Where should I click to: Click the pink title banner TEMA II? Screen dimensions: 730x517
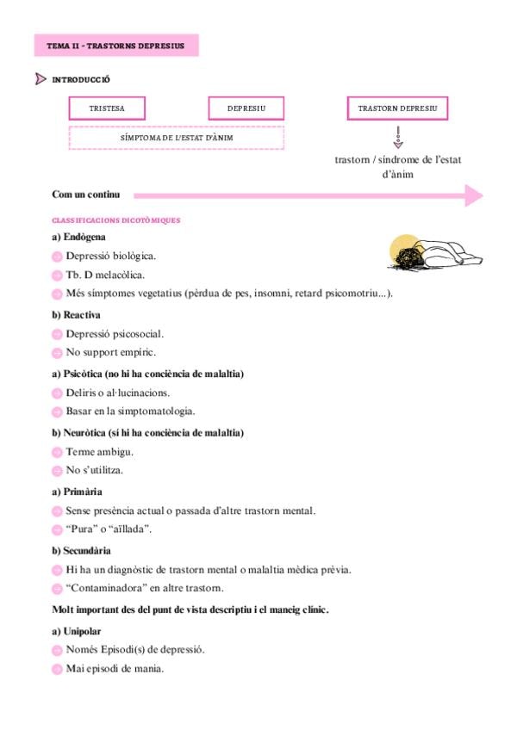click(x=115, y=45)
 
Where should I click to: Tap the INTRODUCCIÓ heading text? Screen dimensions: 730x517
click(x=81, y=80)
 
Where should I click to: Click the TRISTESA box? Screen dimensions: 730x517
click(x=107, y=108)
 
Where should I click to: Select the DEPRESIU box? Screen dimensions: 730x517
click(x=246, y=108)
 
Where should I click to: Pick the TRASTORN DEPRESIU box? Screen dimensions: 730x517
click(x=397, y=108)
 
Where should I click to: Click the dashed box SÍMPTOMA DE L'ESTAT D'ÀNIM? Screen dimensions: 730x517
click(x=177, y=138)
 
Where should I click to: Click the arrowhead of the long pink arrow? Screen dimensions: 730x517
click(x=473, y=195)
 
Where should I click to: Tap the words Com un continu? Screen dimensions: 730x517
click(x=86, y=195)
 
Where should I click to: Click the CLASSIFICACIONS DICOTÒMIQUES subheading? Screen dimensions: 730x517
click(x=116, y=220)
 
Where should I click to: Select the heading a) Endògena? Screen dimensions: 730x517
click(x=79, y=236)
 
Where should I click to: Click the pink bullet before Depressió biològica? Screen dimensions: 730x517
click(x=57, y=257)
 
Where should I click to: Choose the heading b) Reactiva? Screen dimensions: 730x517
click(x=76, y=315)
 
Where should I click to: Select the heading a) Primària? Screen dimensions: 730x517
click(x=78, y=491)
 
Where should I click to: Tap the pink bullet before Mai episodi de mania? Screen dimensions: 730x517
click(x=57, y=670)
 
